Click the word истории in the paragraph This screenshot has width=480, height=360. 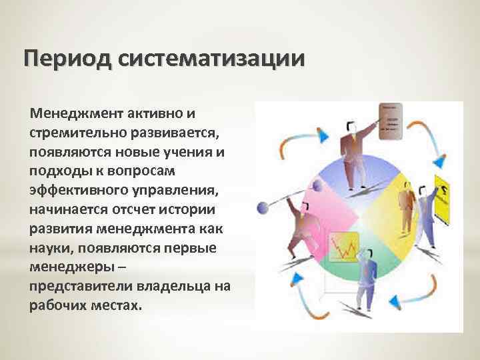pos(199,209)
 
